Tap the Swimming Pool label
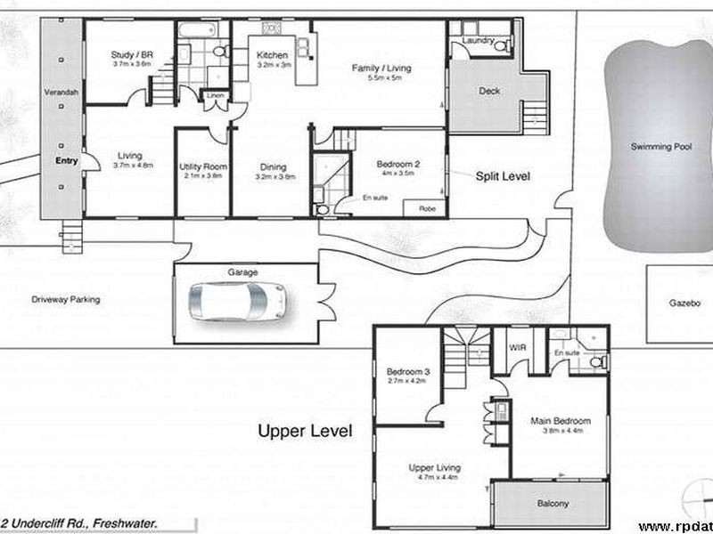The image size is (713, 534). tap(657, 147)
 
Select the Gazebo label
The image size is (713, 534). tap(685, 303)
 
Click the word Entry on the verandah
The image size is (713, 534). tap(66, 161)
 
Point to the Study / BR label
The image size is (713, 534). tap(132, 54)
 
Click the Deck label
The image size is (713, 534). tap(489, 91)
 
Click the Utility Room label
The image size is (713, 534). tap(203, 166)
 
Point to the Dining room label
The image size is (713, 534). tap(273, 166)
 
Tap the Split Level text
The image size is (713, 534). tap(503, 177)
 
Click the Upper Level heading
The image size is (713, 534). tap(305, 432)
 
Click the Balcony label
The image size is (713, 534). tap(553, 504)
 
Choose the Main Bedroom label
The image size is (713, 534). tap(561, 421)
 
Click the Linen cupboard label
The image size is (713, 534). tap(215, 95)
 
